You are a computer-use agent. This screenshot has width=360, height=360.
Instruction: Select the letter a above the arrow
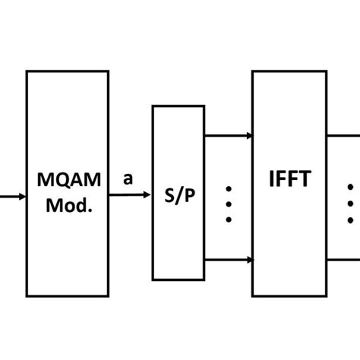click(x=128, y=179)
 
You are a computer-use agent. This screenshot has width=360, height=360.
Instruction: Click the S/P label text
click(x=178, y=194)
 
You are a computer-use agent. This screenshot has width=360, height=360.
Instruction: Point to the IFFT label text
click(x=289, y=182)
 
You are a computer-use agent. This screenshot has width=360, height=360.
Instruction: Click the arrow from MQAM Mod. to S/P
click(x=130, y=195)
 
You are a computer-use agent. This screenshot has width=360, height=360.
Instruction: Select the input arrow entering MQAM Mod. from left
click(x=12, y=195)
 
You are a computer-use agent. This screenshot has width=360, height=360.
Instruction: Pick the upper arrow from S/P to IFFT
click(x=229, y=136)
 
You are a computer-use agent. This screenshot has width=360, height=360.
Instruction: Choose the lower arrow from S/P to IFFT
click(x=229, y=260)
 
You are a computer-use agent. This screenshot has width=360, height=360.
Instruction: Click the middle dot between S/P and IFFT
click(x=229, y=203)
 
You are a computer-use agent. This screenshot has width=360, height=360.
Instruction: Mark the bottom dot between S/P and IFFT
click(x=229, y=219)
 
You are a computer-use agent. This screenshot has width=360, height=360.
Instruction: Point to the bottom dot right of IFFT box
click(x=351, y=219)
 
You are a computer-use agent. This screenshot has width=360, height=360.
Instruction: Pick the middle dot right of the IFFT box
click(x=351, y=203)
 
